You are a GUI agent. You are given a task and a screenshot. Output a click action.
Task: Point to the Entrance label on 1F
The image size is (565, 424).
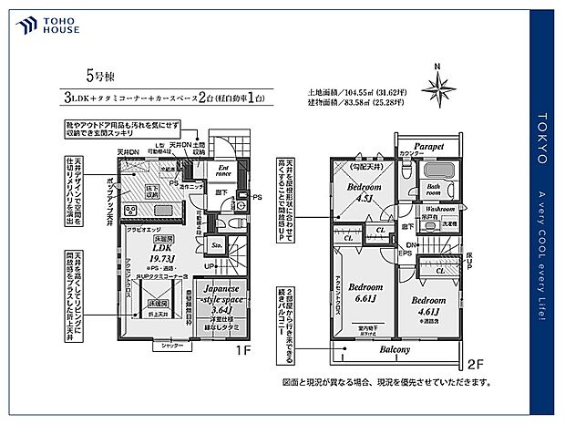[x=221, y=171]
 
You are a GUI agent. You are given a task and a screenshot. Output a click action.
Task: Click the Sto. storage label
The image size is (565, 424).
[x=217, y=246]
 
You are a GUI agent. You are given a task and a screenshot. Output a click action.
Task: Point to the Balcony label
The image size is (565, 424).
[x=395, y=349]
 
